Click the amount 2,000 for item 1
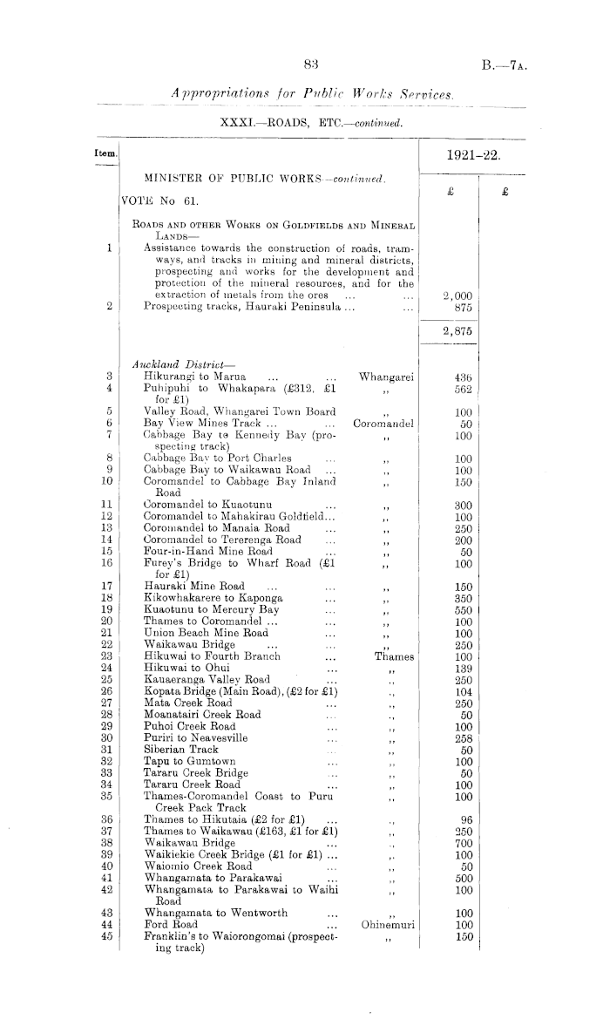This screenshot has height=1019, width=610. pyautogui.click(x=457, y=296)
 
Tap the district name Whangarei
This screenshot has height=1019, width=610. pyautogui.click(x=386, y=377)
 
